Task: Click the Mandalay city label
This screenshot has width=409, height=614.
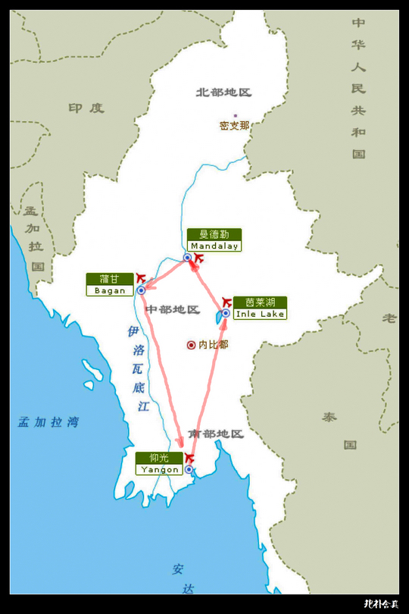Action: [214, 240]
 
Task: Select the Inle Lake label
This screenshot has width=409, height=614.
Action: [260, 307]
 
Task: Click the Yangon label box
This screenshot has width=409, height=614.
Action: [159, 463]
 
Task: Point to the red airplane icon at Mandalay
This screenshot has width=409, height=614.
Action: [198, 258]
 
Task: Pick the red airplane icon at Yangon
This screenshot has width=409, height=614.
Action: [189, 459]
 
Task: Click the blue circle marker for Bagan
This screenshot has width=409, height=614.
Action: [141, 290]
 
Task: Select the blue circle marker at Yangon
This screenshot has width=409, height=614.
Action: [189, 470]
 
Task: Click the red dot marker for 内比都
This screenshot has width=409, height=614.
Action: [191, 345]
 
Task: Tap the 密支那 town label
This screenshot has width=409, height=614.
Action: [234, 126]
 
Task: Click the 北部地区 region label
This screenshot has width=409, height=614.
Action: [223, 92]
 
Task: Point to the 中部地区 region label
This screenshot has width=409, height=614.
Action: [172, 310]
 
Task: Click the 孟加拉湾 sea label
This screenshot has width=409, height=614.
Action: [48, 422]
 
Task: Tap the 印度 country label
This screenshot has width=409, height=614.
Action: [86, 108]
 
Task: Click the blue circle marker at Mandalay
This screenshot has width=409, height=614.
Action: [187, 258]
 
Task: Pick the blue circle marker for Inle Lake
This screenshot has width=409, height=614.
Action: [225, 313]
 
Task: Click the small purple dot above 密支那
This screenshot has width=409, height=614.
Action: [235, 115]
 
